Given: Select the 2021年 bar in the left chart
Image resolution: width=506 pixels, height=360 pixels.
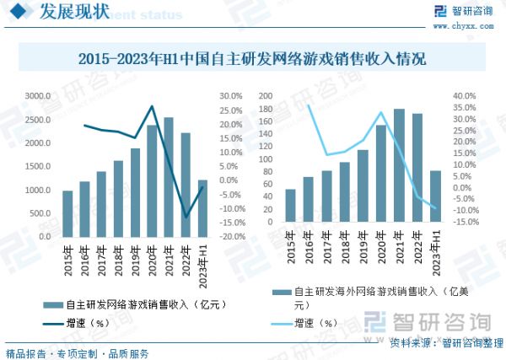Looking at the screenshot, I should coord(169,177).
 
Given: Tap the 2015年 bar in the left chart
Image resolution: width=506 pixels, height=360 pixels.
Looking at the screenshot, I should coord(67,214).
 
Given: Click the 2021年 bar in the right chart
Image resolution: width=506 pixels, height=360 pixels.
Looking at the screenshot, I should coord(399,173).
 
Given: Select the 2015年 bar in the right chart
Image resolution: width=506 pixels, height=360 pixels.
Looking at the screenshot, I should coord(290,212).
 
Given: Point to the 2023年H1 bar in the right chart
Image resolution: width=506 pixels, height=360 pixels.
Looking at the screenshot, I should coord(436,203).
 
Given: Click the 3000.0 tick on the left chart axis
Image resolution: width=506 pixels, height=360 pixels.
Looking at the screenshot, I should coord(38,97).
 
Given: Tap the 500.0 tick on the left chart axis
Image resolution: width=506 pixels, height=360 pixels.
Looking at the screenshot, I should coord(40,213).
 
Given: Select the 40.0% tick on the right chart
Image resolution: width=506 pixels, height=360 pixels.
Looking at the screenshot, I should coord(466,97).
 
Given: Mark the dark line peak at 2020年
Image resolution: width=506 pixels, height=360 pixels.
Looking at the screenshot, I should coord(152,106).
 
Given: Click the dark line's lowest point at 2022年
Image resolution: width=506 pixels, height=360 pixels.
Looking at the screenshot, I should coord(186,218).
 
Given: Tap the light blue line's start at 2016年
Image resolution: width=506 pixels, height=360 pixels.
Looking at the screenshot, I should coord(309,105).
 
